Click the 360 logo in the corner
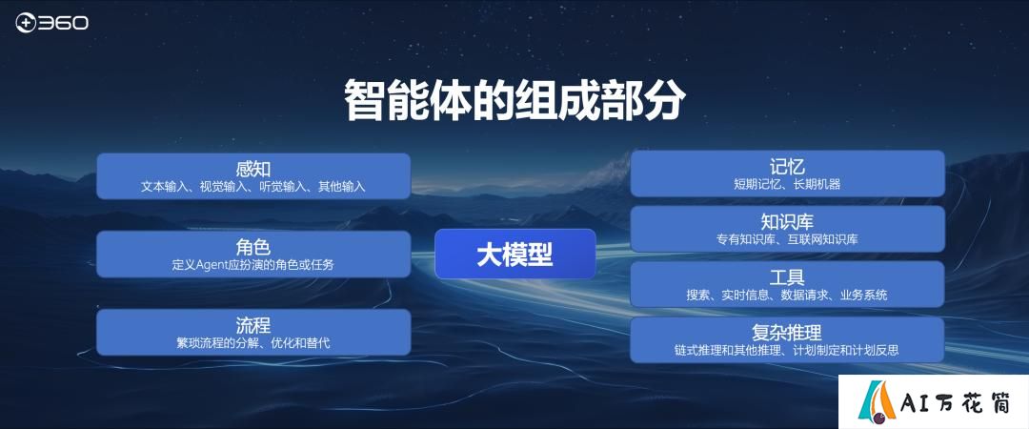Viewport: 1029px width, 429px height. coord(51,23)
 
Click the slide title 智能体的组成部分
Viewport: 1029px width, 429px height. coord(514,100)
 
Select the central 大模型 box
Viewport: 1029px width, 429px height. coord(515,254)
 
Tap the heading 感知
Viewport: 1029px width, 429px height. coord(253,169)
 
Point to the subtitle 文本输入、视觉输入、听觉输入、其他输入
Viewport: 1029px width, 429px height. coord(253,187)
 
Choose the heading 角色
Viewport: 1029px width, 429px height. coord(253,247)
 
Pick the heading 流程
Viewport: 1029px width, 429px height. coord(253,324)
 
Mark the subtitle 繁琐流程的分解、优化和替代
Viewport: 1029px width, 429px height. coord(253,343)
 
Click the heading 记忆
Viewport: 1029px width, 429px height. coord(788,166)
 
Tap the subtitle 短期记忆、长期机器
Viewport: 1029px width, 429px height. coord(788,185)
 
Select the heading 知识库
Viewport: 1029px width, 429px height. coord(788,221)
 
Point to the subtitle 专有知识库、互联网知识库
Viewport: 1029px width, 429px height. coord(788,240)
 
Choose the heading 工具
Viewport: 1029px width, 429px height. coord(788,276)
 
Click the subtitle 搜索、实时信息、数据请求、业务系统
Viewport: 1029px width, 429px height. coord(788,295)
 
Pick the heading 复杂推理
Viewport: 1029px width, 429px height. coord(788,332)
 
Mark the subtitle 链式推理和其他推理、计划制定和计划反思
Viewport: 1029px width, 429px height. coord(788,350)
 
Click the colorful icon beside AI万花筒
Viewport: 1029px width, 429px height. coord(877,400)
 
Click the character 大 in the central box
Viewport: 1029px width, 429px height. coord(489,255)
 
